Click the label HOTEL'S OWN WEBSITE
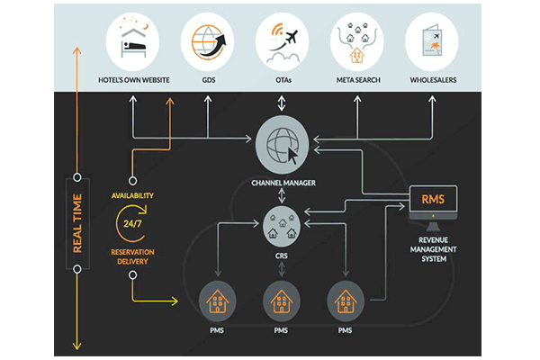pyautogui.click(x=135, y=80)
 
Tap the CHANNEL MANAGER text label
pyautogui.click(x=283, y=184)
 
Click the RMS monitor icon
pyautogui.click(x=434, y=203)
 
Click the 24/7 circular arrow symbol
pyautogui.click(x=132, y=221)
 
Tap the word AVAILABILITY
pyautogui.click(x=132, y=195)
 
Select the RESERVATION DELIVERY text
pyautogui.click(x=132, y=256)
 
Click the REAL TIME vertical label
pyautogui.click(x=77, y=221)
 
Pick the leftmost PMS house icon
pyautogui.click(x=216, y=299)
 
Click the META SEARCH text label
pyautogui.click(x=357, y=80)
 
